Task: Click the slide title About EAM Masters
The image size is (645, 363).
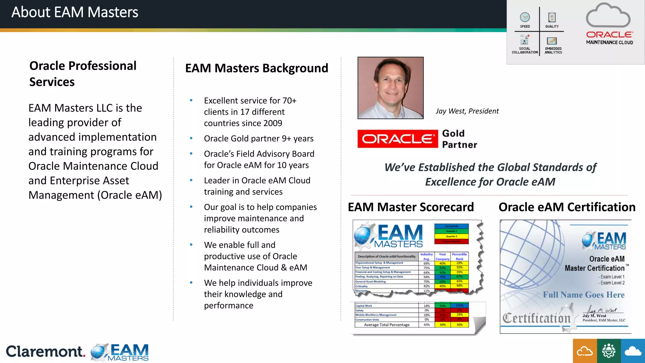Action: coord(75,13)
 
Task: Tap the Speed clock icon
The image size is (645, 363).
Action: coord(525,17)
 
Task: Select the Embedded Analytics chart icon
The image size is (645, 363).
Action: coord(552,41)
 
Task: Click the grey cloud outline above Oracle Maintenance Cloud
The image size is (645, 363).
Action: coord(608,16)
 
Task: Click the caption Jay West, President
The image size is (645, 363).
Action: coord(467,111)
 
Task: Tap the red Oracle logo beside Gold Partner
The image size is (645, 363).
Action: coord(397,139)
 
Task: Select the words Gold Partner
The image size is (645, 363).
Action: coord(459,139)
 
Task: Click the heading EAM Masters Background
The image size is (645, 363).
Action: coord(256,68)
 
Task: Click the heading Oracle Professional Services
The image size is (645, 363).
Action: coord(83,74)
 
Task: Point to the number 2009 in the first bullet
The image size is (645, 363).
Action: coord(273,123)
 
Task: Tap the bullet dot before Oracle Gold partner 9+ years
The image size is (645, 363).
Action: coord(191,138)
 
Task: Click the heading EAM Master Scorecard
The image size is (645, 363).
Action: coord(411,207)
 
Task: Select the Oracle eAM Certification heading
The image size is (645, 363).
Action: coord(567,207)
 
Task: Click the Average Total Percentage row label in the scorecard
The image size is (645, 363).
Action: coord(386,325)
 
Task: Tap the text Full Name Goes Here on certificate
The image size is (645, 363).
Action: coord(584,295)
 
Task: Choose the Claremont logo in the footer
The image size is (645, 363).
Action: coord(45,352)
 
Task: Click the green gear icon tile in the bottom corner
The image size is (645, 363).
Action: coord(608,351)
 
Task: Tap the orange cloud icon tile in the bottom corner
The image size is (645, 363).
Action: coord(585,351)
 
